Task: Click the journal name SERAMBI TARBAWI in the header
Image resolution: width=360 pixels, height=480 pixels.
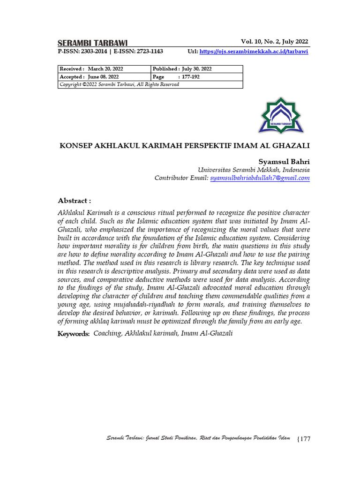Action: (92, 43)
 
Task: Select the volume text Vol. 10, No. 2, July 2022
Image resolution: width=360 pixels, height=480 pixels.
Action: (274, 41)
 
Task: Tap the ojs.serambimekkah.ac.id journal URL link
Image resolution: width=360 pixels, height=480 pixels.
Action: (254, 52)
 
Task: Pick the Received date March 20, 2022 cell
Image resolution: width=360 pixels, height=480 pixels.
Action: (104, 69)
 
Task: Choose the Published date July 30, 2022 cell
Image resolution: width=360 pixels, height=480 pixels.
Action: (197, 69)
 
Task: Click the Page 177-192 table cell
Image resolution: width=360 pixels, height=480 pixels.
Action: (197, 77)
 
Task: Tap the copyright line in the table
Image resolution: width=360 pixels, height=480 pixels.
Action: (119, 85)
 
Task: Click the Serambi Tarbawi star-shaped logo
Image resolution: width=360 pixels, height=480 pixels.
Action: (281, 116)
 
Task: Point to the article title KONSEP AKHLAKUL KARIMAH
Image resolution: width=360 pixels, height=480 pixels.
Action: (184, 145)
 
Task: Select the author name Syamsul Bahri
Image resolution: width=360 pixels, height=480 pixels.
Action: (284, 161)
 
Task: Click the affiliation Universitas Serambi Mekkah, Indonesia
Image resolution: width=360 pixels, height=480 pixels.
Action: (254, 170)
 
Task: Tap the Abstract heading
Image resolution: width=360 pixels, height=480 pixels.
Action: (74, 201)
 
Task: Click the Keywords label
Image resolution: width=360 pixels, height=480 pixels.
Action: (73, 334)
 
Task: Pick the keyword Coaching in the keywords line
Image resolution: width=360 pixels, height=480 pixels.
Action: (107, 333)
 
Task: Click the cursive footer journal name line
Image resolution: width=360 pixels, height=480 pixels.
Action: (199, 438)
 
